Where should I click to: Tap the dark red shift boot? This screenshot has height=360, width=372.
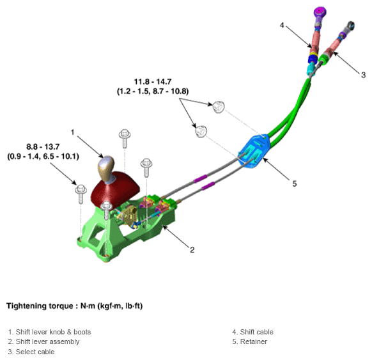[116, 190]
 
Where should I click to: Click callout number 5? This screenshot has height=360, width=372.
[294, 184]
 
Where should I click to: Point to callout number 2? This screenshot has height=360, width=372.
[192, 249]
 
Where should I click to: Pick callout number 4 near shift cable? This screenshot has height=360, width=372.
[282, 25]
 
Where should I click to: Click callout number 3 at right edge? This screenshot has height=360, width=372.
[363, 75]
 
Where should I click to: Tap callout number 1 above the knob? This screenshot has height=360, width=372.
[73, 132]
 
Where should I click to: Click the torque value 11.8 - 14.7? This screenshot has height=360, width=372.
[153, 82]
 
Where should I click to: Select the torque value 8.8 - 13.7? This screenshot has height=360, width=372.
[43, 147]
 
